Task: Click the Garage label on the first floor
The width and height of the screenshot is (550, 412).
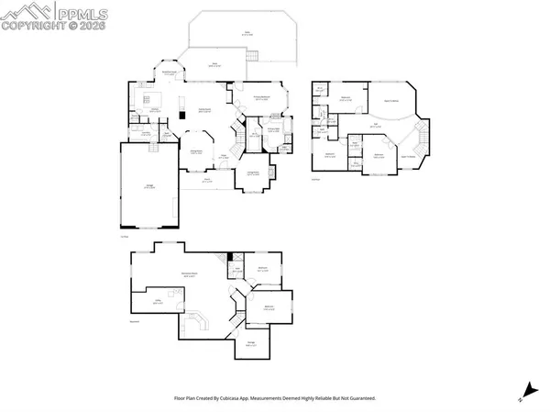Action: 150,187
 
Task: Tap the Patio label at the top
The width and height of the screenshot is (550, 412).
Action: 247,34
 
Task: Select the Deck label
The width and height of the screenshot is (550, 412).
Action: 212,64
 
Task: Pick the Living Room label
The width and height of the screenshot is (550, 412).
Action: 253,173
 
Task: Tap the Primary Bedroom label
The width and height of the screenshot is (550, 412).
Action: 261,98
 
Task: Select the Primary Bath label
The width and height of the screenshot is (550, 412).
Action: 273,129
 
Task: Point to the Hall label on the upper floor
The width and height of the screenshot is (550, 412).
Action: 373,126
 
